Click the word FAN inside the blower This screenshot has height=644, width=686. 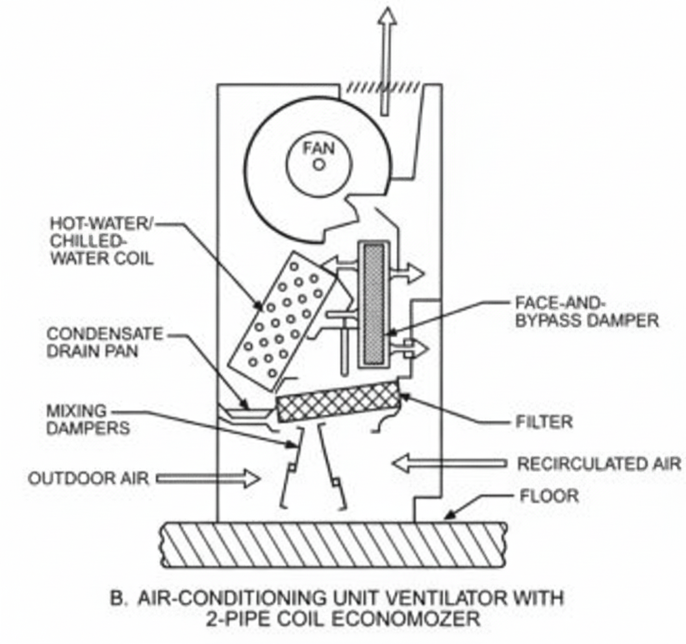coord(319,149)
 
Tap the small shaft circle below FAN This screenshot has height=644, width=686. coord(320,165)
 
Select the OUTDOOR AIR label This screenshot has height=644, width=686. coord(88,478)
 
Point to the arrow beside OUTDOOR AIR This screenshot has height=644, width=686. coord(209,478)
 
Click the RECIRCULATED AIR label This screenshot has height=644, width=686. coord(599,464)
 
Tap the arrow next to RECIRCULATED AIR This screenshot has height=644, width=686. coord(450,464)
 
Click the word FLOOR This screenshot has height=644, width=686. coord(549,496)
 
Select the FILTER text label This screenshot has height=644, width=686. coord(544,422)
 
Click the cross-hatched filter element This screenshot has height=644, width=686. coord(339,401)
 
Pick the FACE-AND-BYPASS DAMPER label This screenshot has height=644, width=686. coord(587,312)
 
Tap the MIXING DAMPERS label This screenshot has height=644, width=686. coord(88,419)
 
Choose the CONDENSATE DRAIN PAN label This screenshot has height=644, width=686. coord(105,342)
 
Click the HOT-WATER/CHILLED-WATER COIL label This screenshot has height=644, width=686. coord(101,240)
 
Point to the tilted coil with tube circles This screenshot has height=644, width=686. coord(283,321)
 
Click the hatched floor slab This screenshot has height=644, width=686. coord(335,544)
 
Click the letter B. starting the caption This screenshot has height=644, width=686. coord(118,598)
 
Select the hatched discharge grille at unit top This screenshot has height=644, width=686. coord(383,88)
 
